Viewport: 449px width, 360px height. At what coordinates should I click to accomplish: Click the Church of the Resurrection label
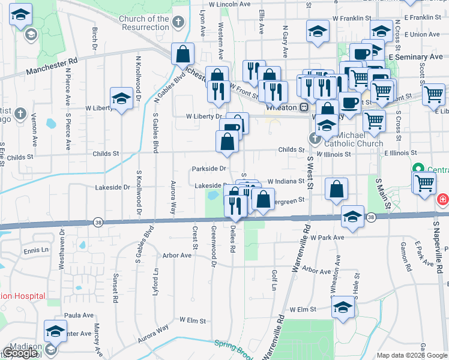click(x=144, y=23)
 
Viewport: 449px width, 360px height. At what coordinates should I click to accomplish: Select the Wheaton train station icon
click(x=304, y=107)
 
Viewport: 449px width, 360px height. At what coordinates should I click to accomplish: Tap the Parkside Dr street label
click(x=209, y=169)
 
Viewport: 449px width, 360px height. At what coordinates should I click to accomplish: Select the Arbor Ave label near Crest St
click(x=176, y=255)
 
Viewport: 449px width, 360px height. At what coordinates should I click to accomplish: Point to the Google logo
click(x=20, y=353)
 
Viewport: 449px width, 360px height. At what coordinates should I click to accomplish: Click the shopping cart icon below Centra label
click(x=424, y=181)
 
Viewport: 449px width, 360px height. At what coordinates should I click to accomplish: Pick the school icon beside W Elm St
click(x=343, y=308)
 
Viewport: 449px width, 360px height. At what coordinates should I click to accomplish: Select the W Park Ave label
click(x=327, y=238)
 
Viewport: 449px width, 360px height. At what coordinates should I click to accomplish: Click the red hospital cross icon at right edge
click(x=443, y=199)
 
